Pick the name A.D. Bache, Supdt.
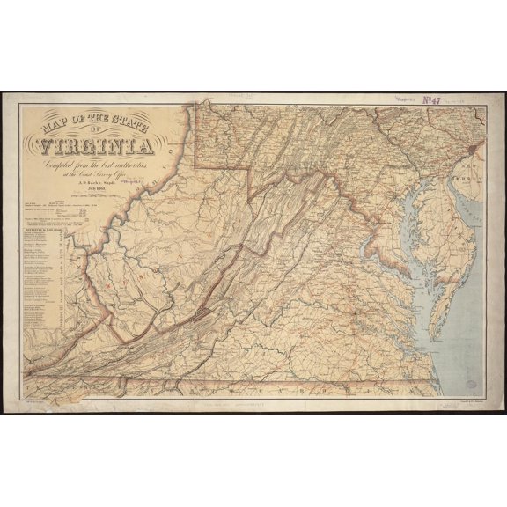[x=92, y=188]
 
